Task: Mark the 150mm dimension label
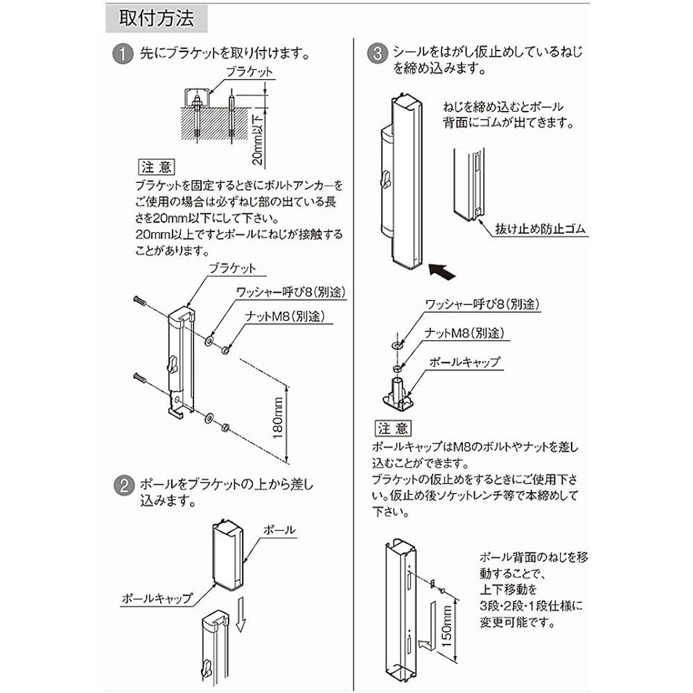point(447,621)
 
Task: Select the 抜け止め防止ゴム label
point(541,229)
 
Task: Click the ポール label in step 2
point(280,530)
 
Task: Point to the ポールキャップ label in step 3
point(464,362)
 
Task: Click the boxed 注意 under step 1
point(157,168)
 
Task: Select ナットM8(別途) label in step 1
point(283,317)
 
